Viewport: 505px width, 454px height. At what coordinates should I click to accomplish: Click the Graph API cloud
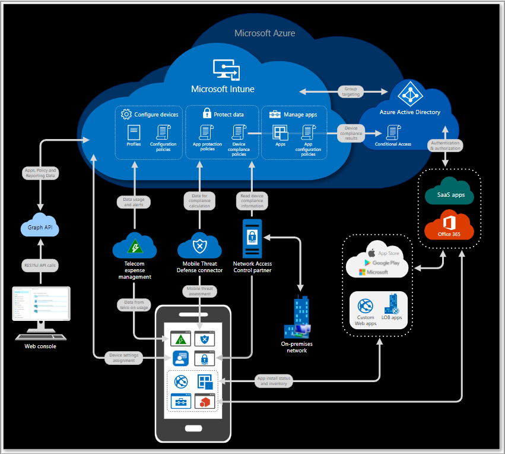40,226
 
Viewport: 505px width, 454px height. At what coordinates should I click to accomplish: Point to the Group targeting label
351,92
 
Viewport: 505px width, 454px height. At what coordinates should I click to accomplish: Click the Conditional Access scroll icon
392,131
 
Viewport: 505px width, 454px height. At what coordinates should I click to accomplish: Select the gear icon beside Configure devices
126,114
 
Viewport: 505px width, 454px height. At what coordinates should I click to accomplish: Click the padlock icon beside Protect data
207,113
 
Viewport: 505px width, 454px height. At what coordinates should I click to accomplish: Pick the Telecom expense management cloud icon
134,245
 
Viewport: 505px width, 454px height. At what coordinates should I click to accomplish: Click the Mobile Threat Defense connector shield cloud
199,245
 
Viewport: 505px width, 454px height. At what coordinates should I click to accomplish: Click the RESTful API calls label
40,266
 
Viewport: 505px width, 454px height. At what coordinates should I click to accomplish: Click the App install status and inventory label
273,380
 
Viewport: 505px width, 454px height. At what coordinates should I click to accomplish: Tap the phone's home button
192,428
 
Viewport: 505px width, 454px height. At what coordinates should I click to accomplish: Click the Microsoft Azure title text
265,33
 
